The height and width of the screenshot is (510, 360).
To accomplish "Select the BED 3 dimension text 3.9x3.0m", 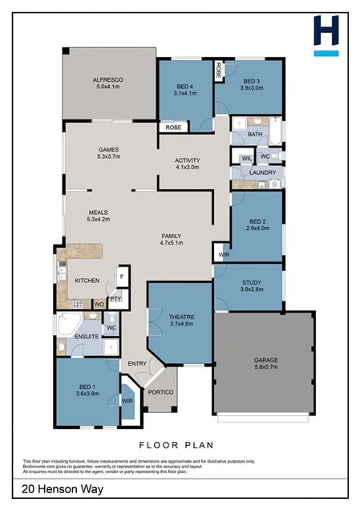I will click(252, 89).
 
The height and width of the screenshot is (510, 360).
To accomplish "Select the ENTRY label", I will click(137, 364).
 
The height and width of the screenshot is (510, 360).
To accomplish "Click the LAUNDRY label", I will click(263, 172).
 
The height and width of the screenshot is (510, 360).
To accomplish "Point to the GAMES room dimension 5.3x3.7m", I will click(108, 157).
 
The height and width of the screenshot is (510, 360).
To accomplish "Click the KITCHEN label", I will click(87, 281).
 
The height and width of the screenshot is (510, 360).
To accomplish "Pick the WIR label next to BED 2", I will click(222, 255).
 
